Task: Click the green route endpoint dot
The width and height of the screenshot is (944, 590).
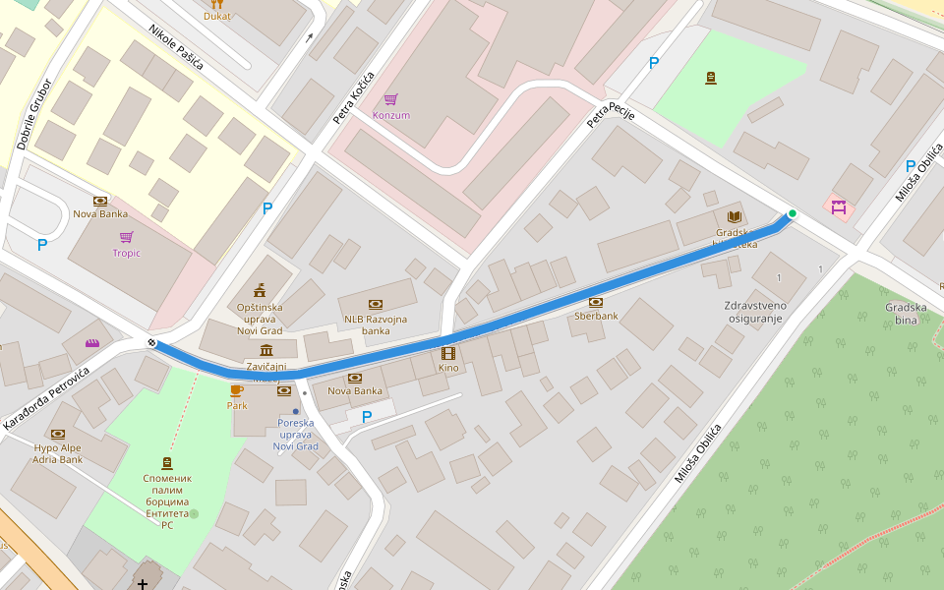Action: click(x=792, y=213)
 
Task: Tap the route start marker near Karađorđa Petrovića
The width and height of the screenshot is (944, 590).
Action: click(x=152, y=342)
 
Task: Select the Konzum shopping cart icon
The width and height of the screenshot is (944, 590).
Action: click(x=390, y=99)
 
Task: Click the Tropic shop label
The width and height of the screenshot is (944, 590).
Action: click(x=126, y=253)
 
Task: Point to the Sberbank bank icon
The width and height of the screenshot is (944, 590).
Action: click(x=595, y=302)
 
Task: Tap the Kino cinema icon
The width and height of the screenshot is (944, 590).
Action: click(x=448, y=353)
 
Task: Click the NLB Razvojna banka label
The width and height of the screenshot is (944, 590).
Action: click(x=375, y=324)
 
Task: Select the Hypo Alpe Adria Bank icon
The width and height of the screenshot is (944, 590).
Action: click(x=58, y=434)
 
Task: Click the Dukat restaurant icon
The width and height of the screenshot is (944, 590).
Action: click(x=217, y=3)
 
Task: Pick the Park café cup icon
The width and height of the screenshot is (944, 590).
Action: click(x=236, y=390)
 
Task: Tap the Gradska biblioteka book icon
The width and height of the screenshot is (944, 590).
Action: click(x=733, y=216)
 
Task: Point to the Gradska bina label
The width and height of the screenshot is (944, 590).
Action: click(x=906, y=313)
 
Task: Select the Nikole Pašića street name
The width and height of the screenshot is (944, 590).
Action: click(x=176, y=47)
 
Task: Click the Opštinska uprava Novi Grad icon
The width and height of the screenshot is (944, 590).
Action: click(x=260, y=289)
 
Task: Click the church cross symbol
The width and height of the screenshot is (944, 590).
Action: click(x=144, y=584)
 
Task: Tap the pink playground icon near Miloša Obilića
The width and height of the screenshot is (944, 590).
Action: click(x=838, y=207)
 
